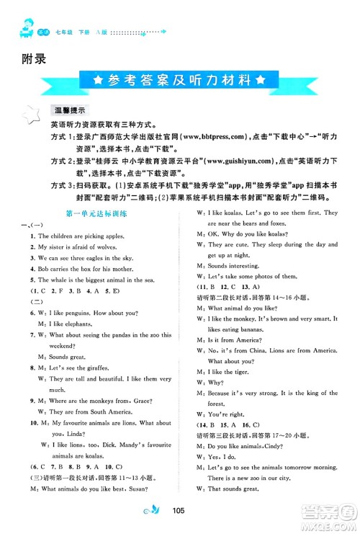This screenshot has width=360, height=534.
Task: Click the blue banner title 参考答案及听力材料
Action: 179,79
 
